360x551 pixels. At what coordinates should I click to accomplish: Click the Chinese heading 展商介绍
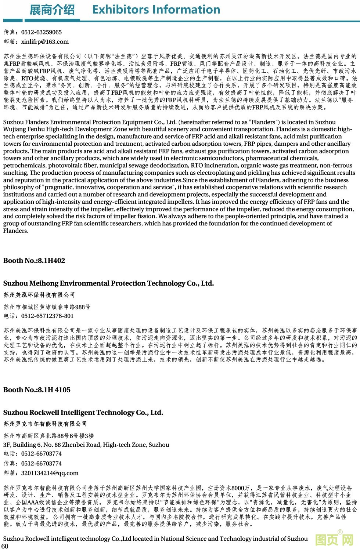tap(52, 10)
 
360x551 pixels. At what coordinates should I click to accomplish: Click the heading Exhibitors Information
tap(156, 10)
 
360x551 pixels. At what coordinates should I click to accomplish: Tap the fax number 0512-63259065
tap(42, 32)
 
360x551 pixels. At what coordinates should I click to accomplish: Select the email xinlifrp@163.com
tap(45, 42)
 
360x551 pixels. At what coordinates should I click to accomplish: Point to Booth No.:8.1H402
tap(34, 261)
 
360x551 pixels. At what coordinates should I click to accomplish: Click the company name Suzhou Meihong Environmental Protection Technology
tap(108, 283)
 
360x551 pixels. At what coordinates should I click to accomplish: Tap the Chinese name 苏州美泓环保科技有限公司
tap(39, 295)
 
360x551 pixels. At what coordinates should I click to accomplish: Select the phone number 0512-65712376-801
tap(47, 316)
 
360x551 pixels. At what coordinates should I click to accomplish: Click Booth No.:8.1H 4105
tap(37, 390)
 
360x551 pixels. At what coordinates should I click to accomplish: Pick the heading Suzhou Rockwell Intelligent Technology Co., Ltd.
tap(83, 413)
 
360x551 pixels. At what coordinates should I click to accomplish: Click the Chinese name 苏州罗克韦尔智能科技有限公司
tap(45, 424)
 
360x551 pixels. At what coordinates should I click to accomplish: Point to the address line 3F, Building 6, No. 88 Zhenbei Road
tap(86, 445)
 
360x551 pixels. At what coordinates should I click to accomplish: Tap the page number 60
tap(5, 546)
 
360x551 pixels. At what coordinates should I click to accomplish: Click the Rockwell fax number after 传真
tap(42, 464)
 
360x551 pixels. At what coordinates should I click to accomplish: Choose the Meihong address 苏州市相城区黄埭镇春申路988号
tap(47, 307)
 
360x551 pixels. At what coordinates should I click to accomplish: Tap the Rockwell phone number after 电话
tap(42, 454)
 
